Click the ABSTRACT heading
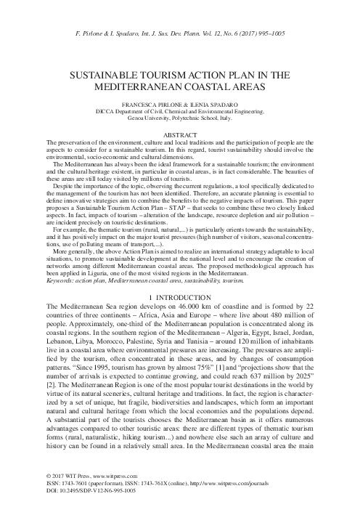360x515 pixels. coord(180,136)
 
